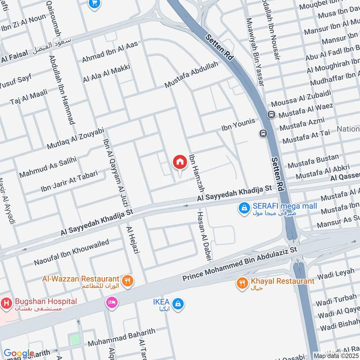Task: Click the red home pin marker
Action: pos(180,162)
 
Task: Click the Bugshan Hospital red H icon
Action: pos(6,304)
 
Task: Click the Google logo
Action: pos(19,354)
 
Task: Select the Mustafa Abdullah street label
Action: pos(191,75)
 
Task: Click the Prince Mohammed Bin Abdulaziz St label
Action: pos(240,264)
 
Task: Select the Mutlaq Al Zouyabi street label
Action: pos(75,139)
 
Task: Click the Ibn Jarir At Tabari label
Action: pos(69,181)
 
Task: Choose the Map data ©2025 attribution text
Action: pos(336,355)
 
